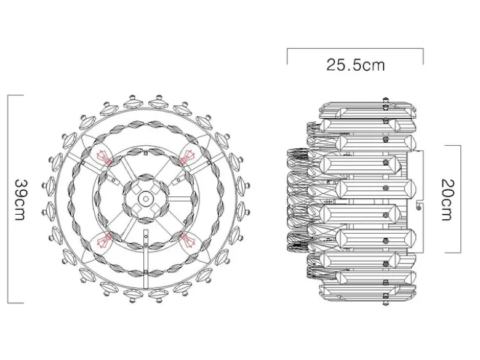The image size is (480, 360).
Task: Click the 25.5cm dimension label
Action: (356, 65)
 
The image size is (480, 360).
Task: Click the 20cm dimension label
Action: (447, 200)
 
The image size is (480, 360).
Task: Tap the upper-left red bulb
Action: (104, 158)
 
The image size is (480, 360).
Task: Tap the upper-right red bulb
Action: (187, 157)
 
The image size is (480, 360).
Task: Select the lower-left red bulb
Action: (104, 240)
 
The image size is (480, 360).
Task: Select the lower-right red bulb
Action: (187, 240)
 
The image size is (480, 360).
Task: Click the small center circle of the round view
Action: (146, 199)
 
